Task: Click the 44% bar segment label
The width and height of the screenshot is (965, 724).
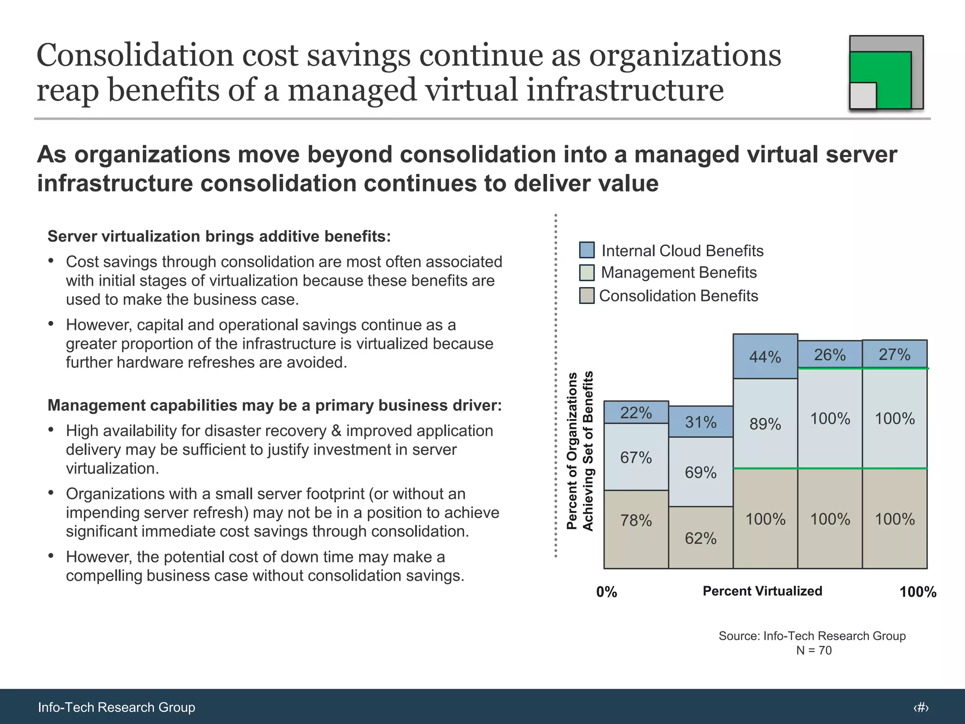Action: [x=765, y=357]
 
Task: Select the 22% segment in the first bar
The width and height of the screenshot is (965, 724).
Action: [x=636, y=413]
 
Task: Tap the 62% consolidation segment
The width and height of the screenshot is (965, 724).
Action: [x=700, y=538]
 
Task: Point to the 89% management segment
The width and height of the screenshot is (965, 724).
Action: [x=765, y=424]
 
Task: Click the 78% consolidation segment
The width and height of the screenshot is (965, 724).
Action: [x=636, y=520]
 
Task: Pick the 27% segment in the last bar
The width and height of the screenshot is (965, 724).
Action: [x=894, y=354]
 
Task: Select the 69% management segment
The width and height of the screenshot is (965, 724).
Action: [x=700, y=472]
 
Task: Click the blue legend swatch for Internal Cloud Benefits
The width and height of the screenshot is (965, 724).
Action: [x=587, y=250]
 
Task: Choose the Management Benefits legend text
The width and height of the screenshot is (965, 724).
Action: [x=679, y=272]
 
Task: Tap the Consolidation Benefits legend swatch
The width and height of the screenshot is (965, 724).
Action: [x=587, y=296]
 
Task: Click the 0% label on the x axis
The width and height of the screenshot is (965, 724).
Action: [x=606, y=592]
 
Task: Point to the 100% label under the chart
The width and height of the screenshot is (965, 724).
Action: [x=917, y=592]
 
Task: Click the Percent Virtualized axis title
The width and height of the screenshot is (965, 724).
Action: [x=762, y=591]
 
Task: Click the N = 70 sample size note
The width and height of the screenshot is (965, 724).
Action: [x=814, y=650]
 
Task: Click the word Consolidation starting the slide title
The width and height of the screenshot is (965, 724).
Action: [x=134, y=55]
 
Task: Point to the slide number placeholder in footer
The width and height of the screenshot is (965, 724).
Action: [x=921, y=707]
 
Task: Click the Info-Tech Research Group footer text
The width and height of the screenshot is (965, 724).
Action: [x=116, y=707]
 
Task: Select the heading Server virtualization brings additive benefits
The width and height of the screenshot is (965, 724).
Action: [x=219, y=236]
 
